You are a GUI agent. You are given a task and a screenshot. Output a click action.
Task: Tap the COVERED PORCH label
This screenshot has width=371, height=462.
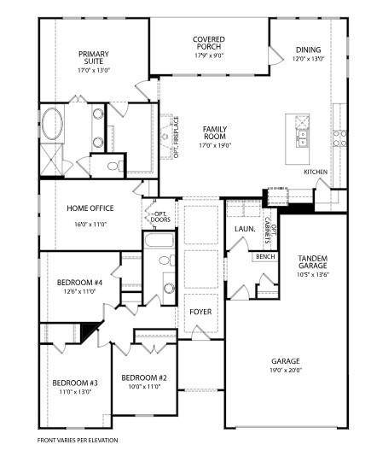pos(208,43)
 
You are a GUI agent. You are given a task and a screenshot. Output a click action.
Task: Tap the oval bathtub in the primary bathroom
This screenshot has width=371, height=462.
pos(52,125)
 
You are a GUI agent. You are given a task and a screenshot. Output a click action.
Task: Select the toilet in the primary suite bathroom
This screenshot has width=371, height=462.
pos(113,163)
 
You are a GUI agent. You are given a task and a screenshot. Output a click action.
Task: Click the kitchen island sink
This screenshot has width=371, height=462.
pos(302,132)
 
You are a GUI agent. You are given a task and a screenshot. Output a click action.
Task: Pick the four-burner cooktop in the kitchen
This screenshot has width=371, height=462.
pos(340,133)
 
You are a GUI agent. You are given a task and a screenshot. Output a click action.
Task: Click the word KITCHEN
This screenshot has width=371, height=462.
pos(316,172)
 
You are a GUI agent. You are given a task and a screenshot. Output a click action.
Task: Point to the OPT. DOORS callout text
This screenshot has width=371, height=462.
pos(159,215)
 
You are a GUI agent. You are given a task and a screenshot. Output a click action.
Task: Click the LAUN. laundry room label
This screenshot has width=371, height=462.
pos(241,230)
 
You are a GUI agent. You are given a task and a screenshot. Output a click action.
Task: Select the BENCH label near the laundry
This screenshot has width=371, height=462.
pos(264,256)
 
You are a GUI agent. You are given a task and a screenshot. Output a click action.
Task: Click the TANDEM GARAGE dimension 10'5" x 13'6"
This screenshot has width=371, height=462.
pos(313,275)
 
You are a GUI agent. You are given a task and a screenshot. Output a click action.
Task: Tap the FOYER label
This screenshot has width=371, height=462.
pos(200,312)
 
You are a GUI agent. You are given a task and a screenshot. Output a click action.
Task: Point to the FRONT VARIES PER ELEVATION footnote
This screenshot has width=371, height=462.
pos(78,439)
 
